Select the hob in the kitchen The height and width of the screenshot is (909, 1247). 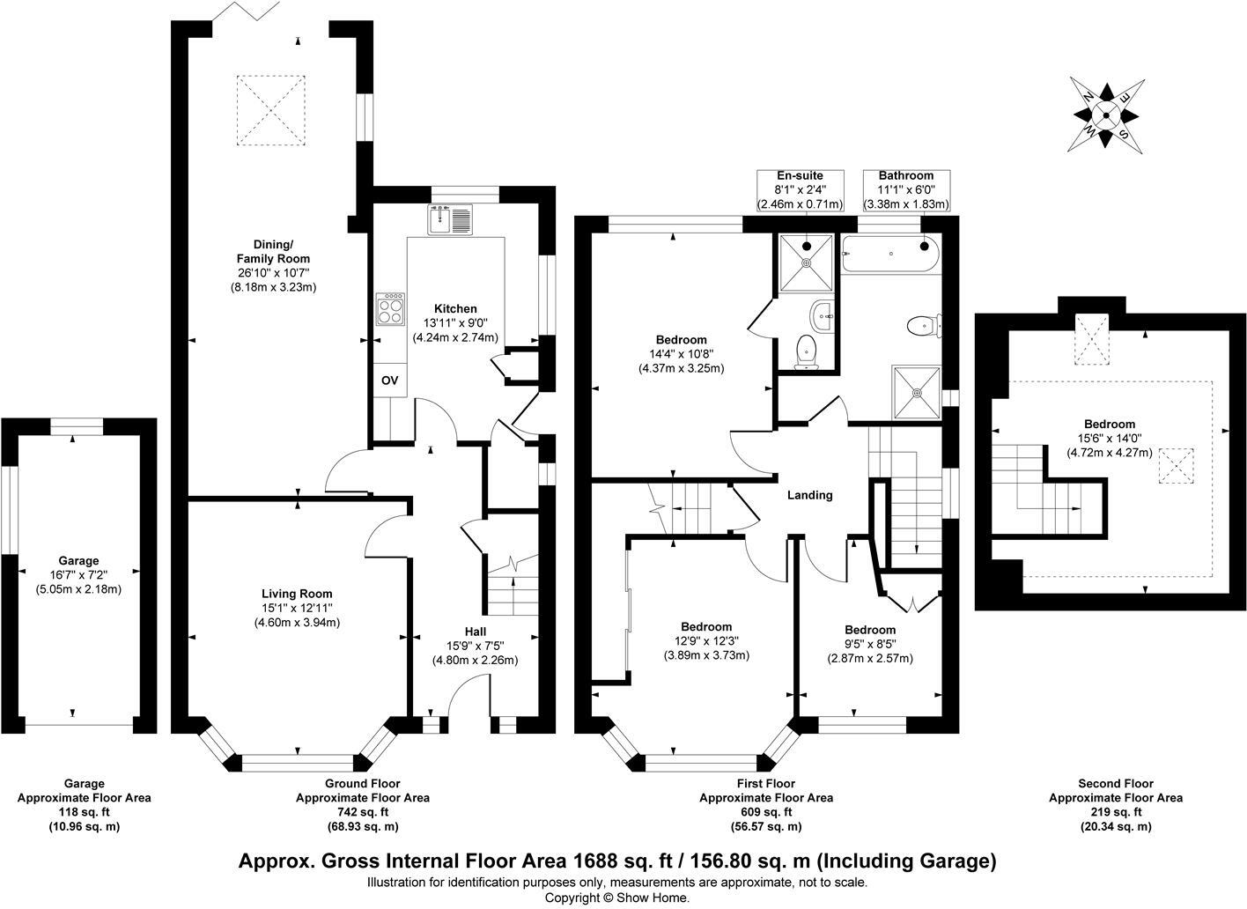point(390,309)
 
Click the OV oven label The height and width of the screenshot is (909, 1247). point(389,381)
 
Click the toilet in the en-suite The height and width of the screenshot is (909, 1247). point(805,351)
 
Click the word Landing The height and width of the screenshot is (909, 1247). point(809,495)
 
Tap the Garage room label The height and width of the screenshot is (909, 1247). point(78,560)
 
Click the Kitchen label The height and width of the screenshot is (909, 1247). point(455,308)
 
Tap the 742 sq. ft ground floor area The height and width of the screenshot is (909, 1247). point(362,812)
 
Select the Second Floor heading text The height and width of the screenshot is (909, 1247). point(1115,783)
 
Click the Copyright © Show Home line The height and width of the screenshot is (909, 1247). point(617,898)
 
